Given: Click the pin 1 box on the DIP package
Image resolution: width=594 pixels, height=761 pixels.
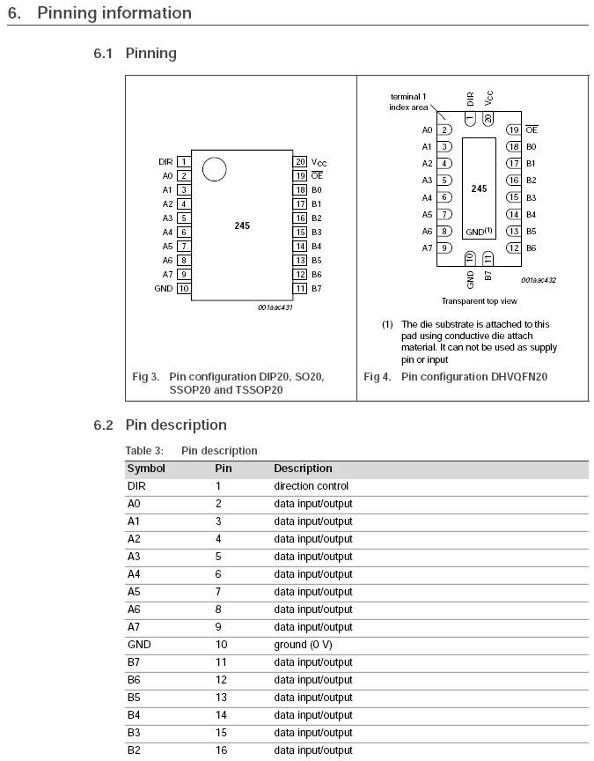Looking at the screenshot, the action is coord(184,161).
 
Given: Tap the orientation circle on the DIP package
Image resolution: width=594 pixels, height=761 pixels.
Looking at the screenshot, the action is coord(215,169).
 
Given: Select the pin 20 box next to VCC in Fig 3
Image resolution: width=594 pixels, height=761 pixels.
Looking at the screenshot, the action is coord(300,161).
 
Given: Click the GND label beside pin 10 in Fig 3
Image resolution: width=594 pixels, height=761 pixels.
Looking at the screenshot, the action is coord(164,288).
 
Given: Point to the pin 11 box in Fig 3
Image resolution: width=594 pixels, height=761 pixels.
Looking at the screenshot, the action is coord(300,288).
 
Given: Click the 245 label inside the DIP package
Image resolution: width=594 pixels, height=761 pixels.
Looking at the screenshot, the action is coord(242,225).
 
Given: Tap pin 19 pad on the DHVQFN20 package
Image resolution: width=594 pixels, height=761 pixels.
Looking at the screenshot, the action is coord(513,129).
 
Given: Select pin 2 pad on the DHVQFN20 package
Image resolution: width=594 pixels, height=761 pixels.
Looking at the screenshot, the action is coord(444,129).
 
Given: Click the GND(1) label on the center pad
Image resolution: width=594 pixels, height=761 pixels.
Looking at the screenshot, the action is coord(479,232).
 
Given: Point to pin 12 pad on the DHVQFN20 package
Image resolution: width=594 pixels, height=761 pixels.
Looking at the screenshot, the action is coord(513,248).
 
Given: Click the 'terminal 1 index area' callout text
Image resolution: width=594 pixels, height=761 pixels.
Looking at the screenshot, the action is coord(408,102).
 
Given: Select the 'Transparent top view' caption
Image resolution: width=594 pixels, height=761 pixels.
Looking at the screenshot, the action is coord(479,301).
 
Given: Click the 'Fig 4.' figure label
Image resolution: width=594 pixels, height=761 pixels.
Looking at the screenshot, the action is coord(378,377).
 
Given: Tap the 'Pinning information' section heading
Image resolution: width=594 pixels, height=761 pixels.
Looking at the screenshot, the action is coord(114,13).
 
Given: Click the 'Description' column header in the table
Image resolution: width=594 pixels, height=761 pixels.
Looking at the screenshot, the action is coord(303,469).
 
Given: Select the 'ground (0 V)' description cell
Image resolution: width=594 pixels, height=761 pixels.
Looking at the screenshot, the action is coord(303,645).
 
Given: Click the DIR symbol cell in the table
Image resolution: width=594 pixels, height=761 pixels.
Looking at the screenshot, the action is coord(136,486).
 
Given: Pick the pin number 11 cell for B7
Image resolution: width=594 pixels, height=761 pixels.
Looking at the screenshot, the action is coord(221,662).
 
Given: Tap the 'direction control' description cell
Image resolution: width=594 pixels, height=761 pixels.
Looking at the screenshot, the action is coord(312,486).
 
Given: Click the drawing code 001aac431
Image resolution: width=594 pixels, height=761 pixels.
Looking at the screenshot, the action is coord(275,307).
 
